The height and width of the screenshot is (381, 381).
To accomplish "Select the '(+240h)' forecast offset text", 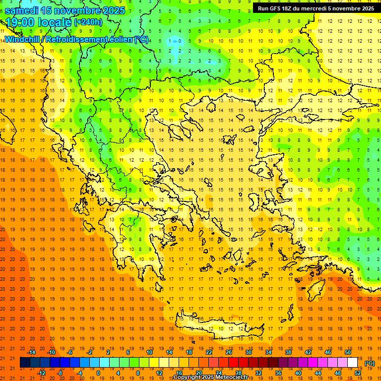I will click(88, 22).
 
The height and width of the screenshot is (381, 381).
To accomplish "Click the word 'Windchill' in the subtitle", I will click(21, 39).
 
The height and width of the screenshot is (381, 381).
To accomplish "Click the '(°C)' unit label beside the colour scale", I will click(370, 363).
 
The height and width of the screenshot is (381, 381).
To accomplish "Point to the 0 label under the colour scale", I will click(98, 373).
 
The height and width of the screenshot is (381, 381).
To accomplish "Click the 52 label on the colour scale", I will click(358, 373).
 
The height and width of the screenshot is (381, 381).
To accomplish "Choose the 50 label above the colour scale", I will click(348, 352).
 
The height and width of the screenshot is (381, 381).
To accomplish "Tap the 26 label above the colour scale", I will click(229, 352).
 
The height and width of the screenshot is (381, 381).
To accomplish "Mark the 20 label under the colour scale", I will click(199, 373).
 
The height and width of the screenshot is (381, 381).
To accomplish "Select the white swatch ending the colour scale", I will click(353, 363).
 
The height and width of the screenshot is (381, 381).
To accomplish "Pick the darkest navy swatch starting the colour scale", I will click(25, 363).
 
